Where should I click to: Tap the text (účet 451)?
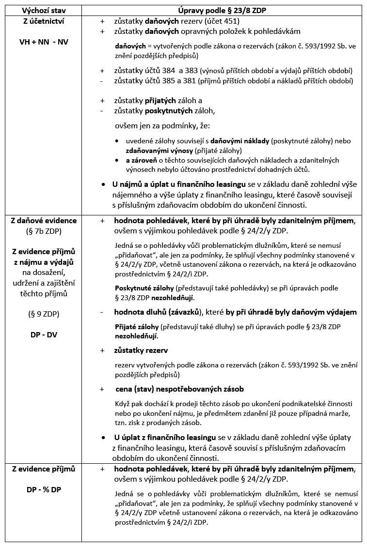[x=223, y=22]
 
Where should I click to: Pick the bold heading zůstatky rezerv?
[x=141, y=350]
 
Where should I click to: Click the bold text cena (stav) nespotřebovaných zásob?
[x=179, y=389]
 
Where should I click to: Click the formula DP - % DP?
[x=43, y=489]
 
